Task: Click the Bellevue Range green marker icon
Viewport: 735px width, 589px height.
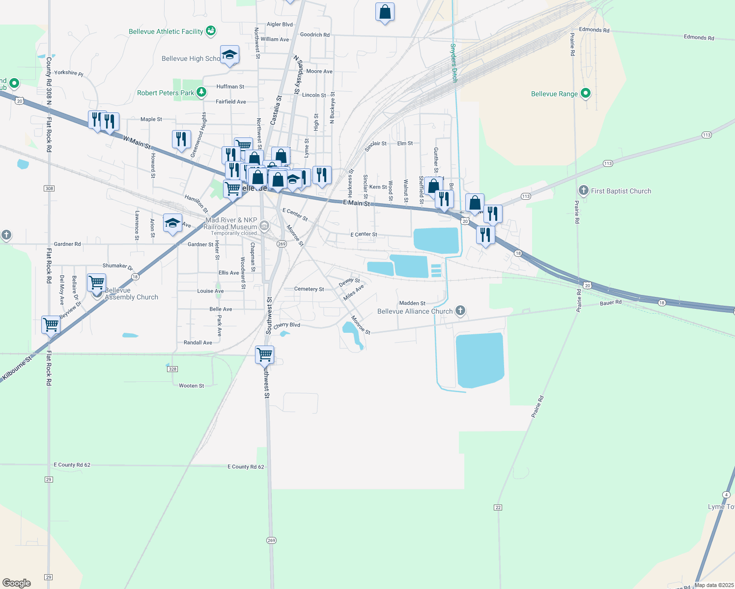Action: pyautogui.click(x=585, y=93)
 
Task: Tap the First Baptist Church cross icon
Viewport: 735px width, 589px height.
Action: pyautogui.click(x=583, y=190)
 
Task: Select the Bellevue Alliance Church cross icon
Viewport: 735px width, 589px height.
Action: pyautogui.click(x=460, y=310)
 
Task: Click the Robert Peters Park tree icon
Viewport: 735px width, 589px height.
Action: pyautogui.click(x=201, y=92)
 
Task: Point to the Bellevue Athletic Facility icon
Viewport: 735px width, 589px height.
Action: pyautogui.click(x=211, y=31)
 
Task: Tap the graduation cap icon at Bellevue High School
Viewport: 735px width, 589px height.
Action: pyautogui.click(x=229, y=55)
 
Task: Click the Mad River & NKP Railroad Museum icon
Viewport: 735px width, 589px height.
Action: pyautogui.click(x=264, y=225)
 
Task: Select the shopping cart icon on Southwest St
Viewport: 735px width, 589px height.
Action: pyautogui.click(x=265, y=354)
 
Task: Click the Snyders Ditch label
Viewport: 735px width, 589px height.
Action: pyautogui.click(x=453, y=63)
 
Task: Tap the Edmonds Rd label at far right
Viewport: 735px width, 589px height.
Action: pyautogui.click(x=699, y=37)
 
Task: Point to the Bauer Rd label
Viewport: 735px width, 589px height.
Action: pyautogui.click(x=611, y=303)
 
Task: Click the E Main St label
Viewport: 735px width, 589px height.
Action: pyautogui.click(x=356, y=203)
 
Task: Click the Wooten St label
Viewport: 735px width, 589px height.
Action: pyautogui.click(x=191, y=386)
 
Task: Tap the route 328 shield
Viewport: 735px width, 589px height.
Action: pyautogui.click(x=172, y=369)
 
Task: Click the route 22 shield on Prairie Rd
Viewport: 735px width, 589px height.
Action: pyautogui.click(x=498, y=507)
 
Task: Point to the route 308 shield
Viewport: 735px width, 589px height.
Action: pyautogui.click(x=49, y=188)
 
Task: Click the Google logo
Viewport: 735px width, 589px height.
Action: pyautogui.click(x=17, y=583)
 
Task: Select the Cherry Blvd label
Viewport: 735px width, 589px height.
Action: pyautogui.click(x=286, y=325)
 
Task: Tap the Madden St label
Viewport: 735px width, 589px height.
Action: pyautogui.click(x=412, y=303)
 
